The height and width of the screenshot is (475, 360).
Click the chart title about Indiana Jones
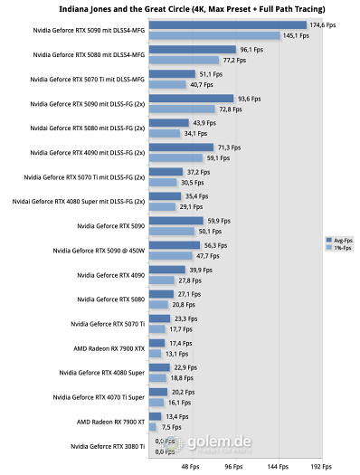[179, 8]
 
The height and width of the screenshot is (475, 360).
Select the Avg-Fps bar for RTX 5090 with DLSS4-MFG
[227, 25]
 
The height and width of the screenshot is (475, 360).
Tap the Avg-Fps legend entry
[340, 240]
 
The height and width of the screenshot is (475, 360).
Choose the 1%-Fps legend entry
[340, 247]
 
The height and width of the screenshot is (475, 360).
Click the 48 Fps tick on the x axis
[191, 468]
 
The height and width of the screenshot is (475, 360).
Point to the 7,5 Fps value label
[172, 427]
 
